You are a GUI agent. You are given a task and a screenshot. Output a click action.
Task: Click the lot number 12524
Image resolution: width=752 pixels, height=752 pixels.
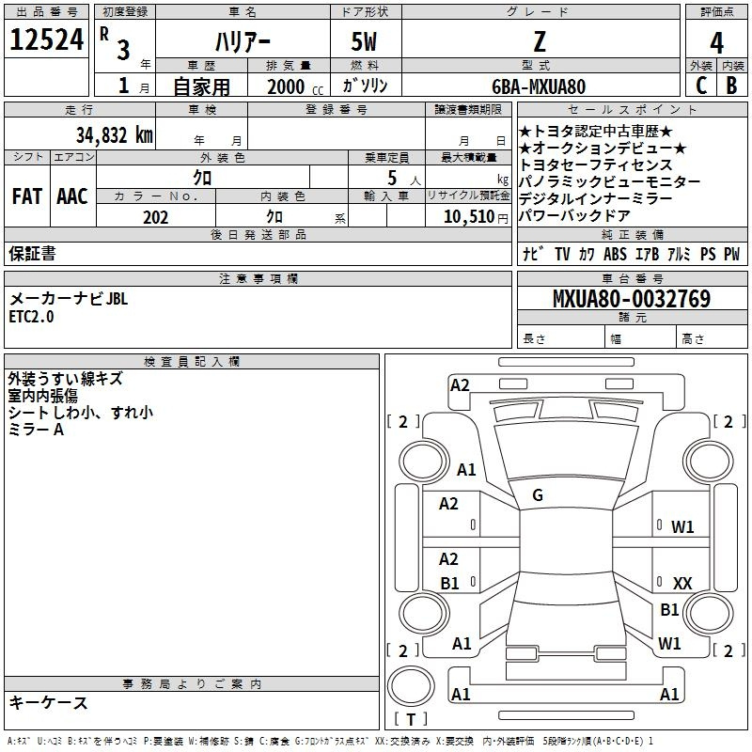[46, 39]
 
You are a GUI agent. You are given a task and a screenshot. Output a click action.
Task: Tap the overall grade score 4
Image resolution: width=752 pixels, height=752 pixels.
[716, 42]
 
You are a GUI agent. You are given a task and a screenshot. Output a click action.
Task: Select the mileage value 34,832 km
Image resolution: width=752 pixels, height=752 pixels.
[114, 134]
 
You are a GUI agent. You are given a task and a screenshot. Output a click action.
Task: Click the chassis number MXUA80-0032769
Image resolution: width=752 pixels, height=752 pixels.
[632, 298]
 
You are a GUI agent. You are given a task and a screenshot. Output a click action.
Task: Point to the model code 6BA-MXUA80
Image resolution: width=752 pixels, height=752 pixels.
[539, 86]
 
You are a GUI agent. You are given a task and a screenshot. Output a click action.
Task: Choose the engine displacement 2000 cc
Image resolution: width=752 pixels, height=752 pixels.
[295, 86]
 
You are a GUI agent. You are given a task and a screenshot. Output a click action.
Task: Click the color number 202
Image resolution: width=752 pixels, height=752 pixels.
[155, 217]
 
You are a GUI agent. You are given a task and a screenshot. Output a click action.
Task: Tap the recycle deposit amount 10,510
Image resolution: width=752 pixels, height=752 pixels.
[468, 216]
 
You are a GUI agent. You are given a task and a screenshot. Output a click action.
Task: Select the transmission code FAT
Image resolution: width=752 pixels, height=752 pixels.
[27, 196]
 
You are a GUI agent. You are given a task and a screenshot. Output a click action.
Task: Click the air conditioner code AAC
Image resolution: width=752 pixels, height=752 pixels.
[72, 196]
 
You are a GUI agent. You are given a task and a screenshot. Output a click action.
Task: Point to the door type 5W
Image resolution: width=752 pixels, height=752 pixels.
[364, 41]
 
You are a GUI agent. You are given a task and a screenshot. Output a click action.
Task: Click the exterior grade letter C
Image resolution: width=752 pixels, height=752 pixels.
[701, 86]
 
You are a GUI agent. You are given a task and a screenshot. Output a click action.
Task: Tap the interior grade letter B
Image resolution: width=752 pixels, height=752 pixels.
[731, 86]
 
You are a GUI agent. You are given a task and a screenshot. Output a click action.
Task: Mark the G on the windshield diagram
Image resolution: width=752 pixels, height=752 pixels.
[538, 495]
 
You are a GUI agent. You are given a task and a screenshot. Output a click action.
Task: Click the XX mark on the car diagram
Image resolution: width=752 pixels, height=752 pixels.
[682, 583]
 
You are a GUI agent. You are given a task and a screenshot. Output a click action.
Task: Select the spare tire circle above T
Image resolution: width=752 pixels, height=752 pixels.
[411, 686]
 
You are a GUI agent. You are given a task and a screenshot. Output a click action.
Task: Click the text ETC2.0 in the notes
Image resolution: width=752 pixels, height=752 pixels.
[31, 317]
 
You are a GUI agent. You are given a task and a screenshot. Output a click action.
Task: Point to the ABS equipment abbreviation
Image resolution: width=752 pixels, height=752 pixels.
[615, 254]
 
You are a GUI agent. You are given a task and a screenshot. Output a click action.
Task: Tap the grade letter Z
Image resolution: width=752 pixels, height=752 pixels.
[540, 41]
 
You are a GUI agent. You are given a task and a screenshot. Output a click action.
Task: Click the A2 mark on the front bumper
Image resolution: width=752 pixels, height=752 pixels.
[460, 385]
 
